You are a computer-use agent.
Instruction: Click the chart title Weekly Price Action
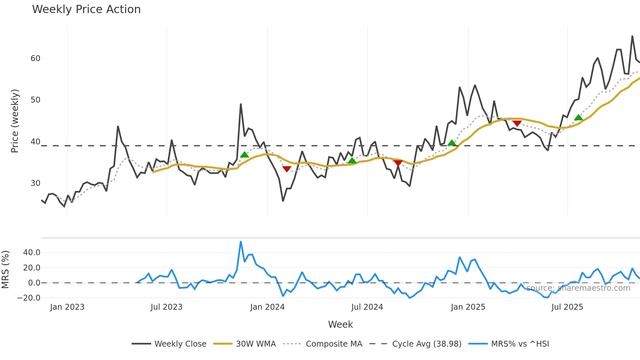point(86,9)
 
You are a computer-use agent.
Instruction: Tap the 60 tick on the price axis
point(35,58)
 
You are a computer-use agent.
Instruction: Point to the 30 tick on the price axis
point(35,183)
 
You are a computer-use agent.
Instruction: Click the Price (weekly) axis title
point(15,121)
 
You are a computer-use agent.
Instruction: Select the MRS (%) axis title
point(5,270)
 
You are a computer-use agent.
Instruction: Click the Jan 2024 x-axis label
point(267,307)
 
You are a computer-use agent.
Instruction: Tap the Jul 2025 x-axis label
point(567,307)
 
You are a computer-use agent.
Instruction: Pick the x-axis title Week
point(340,324)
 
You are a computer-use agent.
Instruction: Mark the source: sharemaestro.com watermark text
point(578,288)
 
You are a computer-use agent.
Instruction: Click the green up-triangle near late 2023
point(244,155)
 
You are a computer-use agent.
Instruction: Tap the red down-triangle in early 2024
point(287,169)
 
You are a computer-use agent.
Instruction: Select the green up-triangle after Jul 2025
point(578,118)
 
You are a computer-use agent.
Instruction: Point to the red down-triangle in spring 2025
point(517,123)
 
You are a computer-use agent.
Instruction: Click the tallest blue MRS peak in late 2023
point(241,242)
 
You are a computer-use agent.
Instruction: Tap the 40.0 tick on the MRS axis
point(32,253)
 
